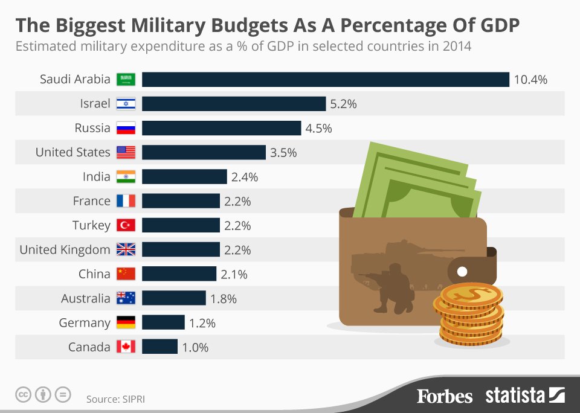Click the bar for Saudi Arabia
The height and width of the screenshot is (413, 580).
click(325, 80)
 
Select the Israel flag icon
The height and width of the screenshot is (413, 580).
click(126, 104)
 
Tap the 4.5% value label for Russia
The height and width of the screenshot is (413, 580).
click(319, 129)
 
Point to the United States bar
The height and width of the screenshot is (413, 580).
click(204, 152)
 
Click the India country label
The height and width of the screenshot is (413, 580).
click(96, 177)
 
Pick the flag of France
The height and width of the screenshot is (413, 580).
click(126, 201)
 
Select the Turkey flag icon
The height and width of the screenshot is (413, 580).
click(126, 225)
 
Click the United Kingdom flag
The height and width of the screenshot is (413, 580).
click(126, 250)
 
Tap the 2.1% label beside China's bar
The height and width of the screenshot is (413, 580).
click(234, 274)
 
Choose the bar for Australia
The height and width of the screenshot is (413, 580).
click(174, 298)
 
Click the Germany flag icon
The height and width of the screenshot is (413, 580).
click(126, 322)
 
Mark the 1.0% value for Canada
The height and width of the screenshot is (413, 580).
click(195, 347)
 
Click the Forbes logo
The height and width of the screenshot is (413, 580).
click(445, 396)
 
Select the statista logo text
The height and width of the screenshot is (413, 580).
click(515, 396)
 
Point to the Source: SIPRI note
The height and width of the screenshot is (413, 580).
click(115, 399)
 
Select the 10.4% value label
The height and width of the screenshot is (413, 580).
click(530, 80)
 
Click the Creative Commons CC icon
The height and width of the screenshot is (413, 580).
click(23, 395)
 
